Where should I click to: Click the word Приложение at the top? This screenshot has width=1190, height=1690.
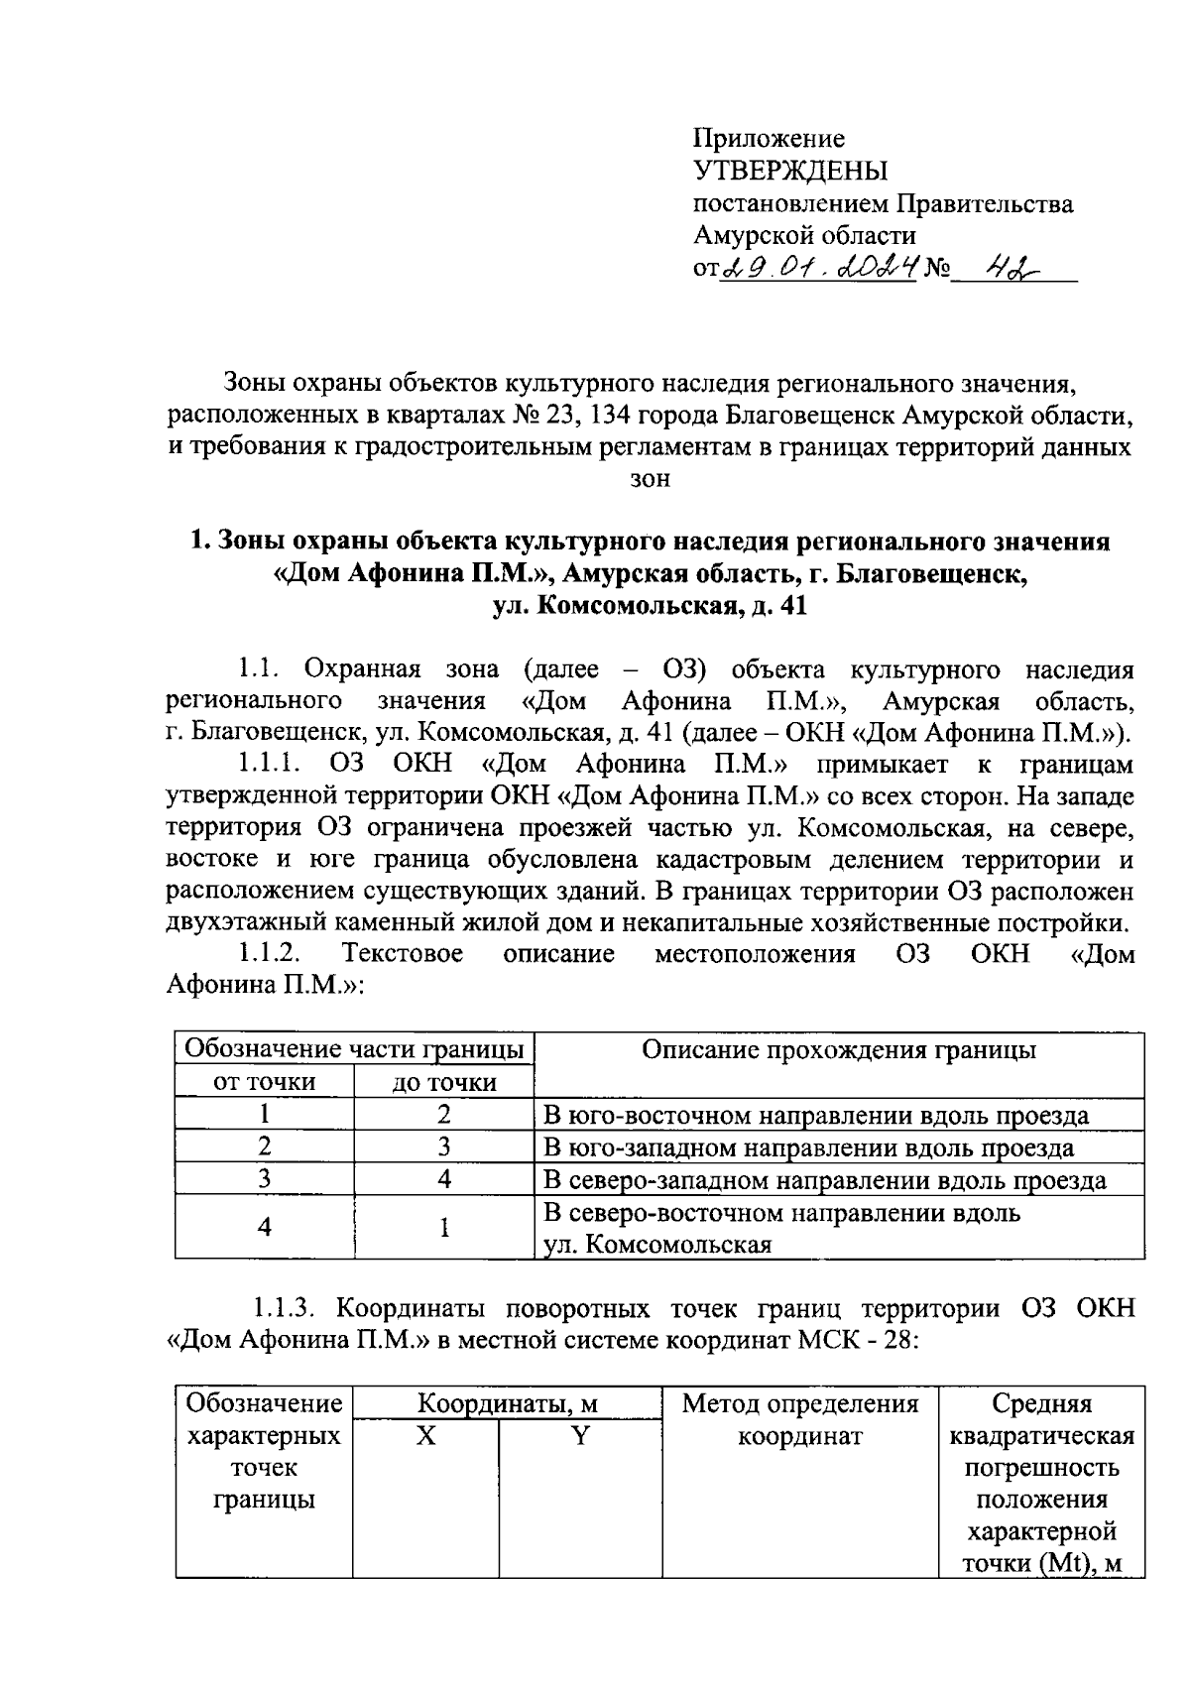coord(769,139)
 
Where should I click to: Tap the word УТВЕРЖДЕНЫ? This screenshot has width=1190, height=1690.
coord(790,172)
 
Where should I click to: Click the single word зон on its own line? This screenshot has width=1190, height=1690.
coord(651,479)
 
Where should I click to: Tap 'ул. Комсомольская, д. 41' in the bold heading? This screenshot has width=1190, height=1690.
coord(651,606)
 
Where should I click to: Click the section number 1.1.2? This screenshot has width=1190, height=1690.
coord(268,954)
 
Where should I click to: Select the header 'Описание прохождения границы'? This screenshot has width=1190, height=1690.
coord(839,1050)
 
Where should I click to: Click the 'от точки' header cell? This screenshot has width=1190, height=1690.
coord(265,1082)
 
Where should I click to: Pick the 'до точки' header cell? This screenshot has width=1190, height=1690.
coord(444,1082)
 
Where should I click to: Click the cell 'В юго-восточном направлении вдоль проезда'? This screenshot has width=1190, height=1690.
coord(817,1116)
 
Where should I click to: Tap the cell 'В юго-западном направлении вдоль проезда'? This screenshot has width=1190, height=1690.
coord(809,1148)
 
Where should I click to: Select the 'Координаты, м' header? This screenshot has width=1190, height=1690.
coord(508,1404)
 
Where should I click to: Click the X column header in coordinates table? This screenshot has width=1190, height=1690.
coord(425,1436)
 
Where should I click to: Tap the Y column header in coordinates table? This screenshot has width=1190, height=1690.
coord(581,1436)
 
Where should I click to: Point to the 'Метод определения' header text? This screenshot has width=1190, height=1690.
coord(800,1404)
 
